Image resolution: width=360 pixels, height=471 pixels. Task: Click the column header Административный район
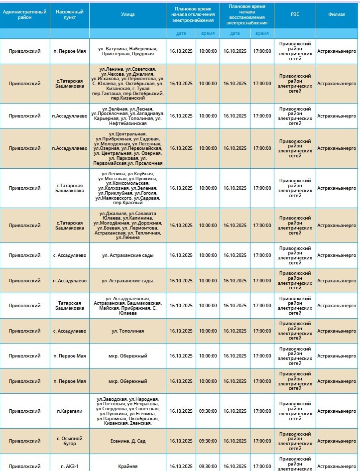tap(25, 14)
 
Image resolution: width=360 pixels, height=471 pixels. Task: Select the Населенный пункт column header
tap(70, 14)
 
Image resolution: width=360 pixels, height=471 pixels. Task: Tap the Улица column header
tap(127, 14)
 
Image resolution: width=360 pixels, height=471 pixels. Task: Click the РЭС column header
tap(295, 14)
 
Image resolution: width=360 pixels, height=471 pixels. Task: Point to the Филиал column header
tap(337, 14)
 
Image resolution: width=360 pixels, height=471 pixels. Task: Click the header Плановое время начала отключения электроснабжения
tap(193, 14)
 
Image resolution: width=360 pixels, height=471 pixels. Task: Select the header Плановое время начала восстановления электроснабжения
tap(246, 14)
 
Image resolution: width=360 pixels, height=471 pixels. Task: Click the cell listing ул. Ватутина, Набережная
tap(127, 51)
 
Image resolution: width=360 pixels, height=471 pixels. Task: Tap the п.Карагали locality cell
tap(70, 411)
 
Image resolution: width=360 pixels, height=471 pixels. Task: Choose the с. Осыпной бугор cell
tap(70, 441)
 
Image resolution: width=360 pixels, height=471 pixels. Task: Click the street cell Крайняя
tap(127, 466)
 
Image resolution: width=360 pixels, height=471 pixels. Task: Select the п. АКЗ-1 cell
tap(70, 466)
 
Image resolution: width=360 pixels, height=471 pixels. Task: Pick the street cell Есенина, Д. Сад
tap(127, 441)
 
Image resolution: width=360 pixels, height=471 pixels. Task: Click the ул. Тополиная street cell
tap(127, 331)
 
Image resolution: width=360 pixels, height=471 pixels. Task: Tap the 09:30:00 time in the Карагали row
tap(208, 411)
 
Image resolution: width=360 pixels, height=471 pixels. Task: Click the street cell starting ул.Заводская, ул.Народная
tap(127, 411)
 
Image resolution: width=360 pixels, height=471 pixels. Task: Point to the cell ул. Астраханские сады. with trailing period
tap(127, 280)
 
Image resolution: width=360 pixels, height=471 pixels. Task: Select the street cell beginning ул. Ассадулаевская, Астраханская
tap(127, 306)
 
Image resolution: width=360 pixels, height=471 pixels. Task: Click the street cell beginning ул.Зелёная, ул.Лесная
tap(127, 116)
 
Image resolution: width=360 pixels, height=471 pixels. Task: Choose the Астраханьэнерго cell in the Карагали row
tap(337, 411)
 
